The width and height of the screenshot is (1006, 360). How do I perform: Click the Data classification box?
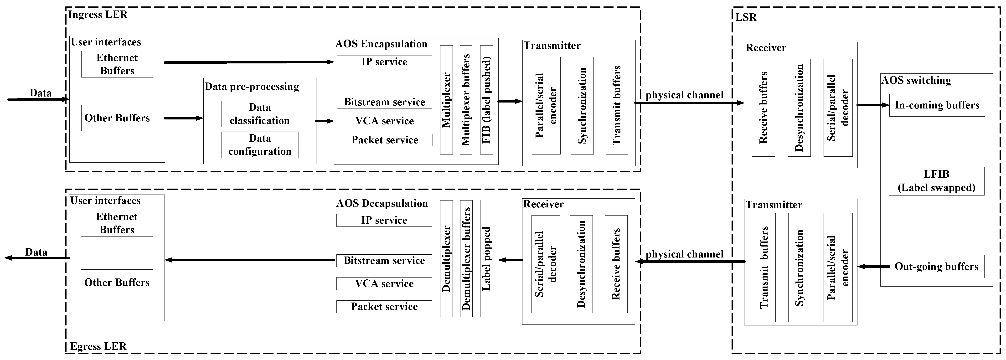coord(260,114)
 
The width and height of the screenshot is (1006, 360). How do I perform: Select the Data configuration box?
coord(260,145)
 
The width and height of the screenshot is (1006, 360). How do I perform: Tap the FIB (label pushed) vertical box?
coord(486,100)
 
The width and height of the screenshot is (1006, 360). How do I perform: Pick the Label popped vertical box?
coord(486,258)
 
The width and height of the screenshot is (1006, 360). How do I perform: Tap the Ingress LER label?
coord(98,15)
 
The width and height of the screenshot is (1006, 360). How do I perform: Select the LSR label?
coord(746,17)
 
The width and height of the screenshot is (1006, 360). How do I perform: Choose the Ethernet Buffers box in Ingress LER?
coord(117,64)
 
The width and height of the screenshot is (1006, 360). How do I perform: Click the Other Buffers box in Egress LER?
coord(117,282)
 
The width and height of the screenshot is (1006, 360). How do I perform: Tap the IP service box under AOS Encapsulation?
coord(384,62)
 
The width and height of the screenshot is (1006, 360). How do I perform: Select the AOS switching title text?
coord(916,80)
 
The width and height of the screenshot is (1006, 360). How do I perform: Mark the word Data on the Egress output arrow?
coord(36,252)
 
